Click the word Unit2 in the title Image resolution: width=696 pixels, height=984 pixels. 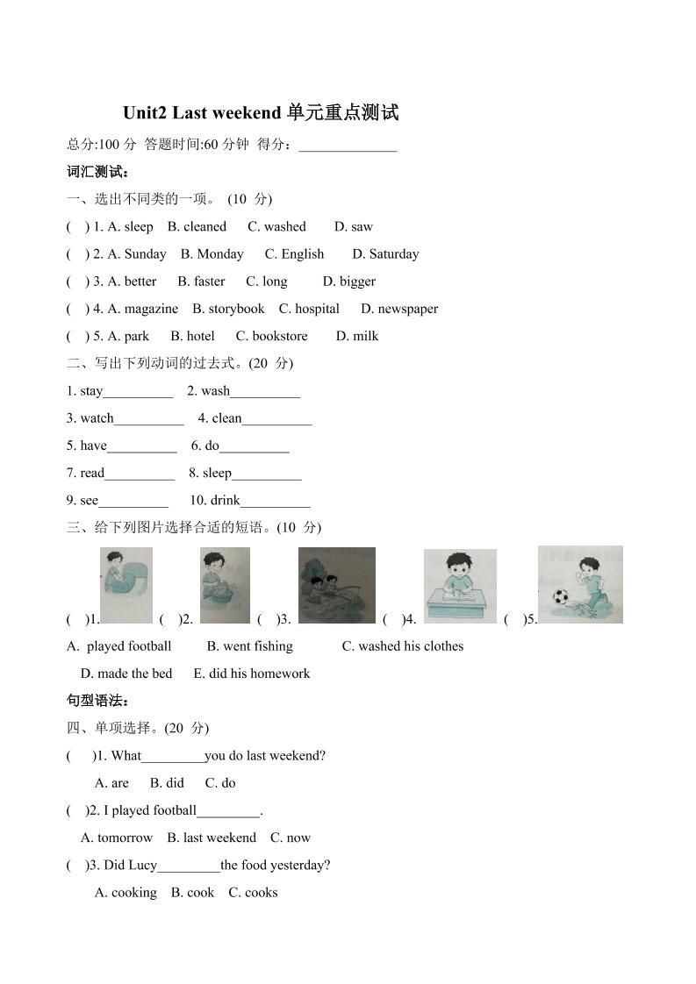(x=145, y=113)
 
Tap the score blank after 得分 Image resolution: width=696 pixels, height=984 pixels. (x=348, y=145)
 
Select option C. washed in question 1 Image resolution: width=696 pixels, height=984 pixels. (x=276, y=226)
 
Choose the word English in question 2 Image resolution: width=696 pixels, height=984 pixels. (x=302, y=253)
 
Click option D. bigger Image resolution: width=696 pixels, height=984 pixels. (x=348, y=281)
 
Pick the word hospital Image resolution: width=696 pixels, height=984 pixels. (x=317, y=308)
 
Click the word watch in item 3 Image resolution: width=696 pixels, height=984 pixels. (x=97, y=417)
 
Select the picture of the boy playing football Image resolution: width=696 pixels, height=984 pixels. (x=580, y=584)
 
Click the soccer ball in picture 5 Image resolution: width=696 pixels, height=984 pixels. (x=560, y=598)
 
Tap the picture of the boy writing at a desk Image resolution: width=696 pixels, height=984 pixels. (x=460, y=587)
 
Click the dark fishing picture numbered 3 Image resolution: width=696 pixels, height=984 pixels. (x=336, y=585)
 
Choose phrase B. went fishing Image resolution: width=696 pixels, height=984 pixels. (x=250, y=645)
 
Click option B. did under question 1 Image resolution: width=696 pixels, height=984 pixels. (x=167, y=782)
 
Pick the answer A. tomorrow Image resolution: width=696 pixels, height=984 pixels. (x=117, y=837)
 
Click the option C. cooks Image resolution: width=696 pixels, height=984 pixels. (x=253, y=892)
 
